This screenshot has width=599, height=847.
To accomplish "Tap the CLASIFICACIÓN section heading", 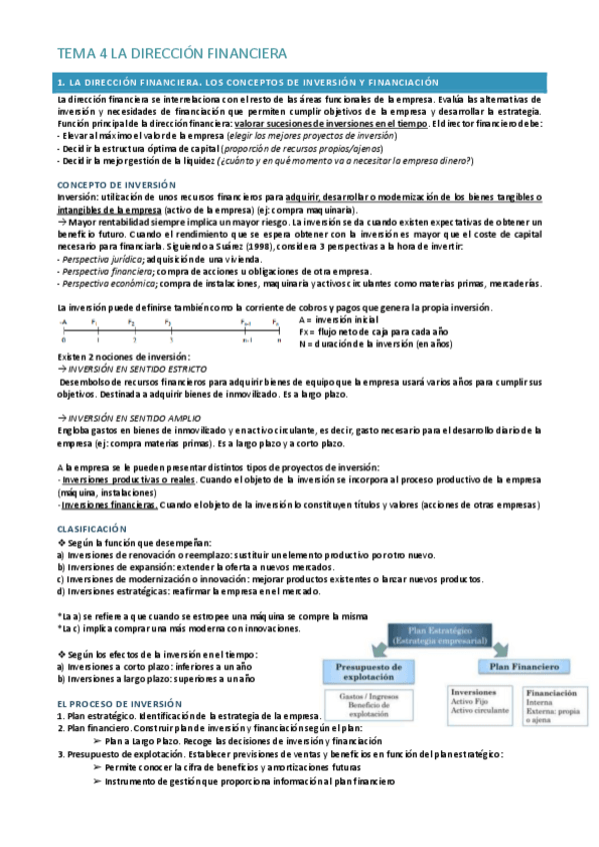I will [92, 526].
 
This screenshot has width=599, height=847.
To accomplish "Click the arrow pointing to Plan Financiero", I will [497, 646].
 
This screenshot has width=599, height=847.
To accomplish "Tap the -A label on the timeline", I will [63, 323].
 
